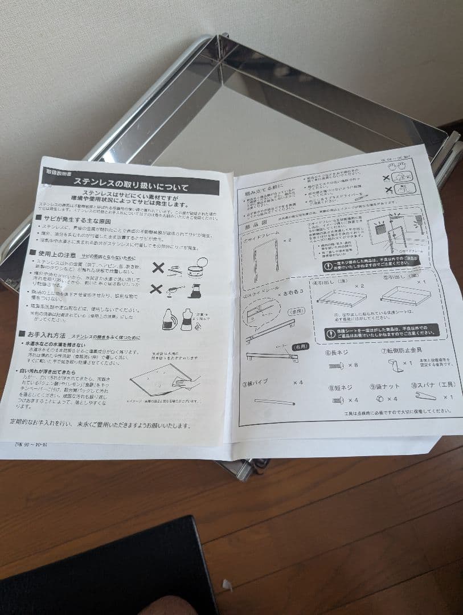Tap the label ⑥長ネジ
(x=336, y=352)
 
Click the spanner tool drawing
(x=427, y=396)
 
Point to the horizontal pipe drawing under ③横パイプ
(x=274, y=401)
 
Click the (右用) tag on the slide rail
(x=300, y=346)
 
